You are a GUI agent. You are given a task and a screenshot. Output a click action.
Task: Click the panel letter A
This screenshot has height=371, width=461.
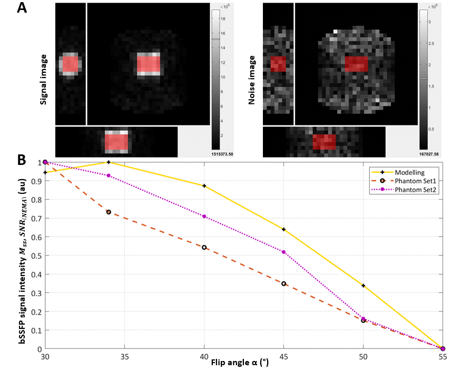pos(22,8)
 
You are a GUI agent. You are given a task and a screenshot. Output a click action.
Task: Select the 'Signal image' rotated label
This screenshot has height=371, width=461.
pos(45,80)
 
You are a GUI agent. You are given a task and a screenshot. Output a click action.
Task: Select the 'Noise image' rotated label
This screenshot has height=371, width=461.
pos(252,80)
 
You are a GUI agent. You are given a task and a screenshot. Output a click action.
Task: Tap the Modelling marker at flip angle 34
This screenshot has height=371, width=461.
pos(109,162)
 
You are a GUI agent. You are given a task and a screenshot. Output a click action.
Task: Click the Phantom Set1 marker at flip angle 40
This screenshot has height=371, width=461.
pos(204,247)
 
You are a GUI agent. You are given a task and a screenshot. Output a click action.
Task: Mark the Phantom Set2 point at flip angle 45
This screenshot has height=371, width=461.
pos(284,252)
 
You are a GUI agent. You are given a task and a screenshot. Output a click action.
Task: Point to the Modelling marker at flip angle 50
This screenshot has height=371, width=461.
pos(364,286)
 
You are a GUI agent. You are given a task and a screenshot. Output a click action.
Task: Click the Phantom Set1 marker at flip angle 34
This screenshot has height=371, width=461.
pos(109,212)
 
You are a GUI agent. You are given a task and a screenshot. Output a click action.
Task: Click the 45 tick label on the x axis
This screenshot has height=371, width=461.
pos(284,356)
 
